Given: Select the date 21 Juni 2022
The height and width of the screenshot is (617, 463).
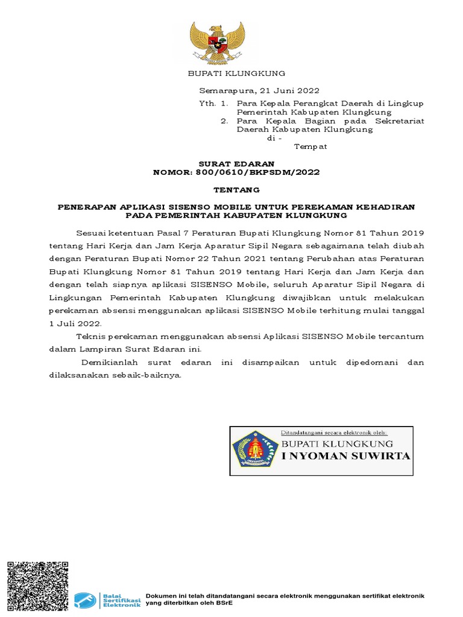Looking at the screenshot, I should point(286,91).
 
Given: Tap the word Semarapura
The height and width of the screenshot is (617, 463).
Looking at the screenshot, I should point(226,91).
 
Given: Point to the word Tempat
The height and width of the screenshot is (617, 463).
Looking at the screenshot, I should point(310,146).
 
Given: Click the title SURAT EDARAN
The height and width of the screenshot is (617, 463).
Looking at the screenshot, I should point(237,164).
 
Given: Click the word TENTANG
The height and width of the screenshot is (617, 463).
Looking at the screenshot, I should point(237,189).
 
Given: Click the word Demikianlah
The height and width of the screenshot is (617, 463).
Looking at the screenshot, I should point(108,362).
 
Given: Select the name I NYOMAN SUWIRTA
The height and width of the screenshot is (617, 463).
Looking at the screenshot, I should point(346,456).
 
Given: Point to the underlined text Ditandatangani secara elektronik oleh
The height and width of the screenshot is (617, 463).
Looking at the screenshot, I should point(334,433).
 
